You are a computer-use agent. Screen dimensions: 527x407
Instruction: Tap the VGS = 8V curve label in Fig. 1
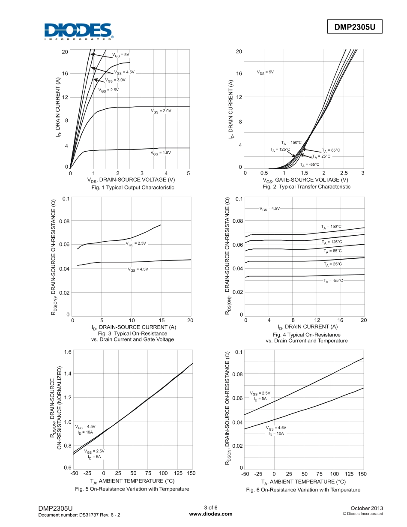point(121,55)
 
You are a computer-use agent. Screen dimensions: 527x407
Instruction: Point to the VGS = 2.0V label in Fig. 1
point(161,111)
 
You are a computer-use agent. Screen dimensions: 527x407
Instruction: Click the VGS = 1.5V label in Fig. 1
point(161,153)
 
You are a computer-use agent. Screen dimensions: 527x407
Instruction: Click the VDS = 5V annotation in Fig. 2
point(265,72)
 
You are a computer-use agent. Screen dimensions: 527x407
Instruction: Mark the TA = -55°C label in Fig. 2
point(310,165)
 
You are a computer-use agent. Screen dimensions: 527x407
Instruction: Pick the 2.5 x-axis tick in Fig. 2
point(343,173)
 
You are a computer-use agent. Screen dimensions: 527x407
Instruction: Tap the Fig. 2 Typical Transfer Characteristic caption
point(306,187)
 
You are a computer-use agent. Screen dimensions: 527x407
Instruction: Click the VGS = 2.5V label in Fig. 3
point(136,243)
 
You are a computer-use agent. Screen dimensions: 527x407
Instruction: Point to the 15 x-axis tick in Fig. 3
point(161,320)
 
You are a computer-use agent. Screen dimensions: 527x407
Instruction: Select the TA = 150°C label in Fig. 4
point(331,226)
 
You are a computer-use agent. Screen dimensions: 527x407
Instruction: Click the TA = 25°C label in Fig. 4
point(332,264)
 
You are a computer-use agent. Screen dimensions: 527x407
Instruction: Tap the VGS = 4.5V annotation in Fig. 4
point(269,208)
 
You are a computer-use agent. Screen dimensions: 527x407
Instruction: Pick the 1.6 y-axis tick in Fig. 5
point(67,352)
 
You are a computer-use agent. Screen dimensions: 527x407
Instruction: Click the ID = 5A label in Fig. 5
point(94,457)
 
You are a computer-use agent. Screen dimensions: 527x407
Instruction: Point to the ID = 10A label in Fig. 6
point(276,434)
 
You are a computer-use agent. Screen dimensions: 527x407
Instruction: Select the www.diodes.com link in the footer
point(210,514)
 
